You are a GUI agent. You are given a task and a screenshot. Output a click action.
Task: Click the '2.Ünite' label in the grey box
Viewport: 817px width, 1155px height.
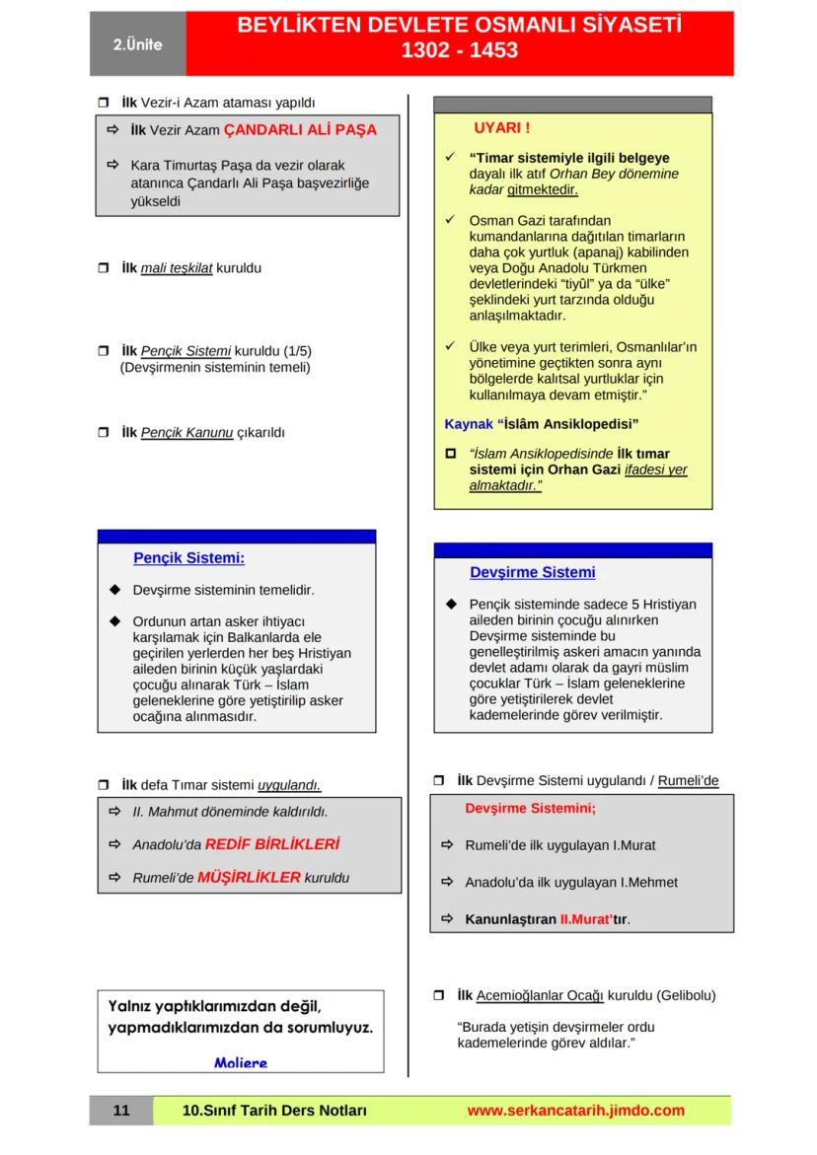click(137, 45)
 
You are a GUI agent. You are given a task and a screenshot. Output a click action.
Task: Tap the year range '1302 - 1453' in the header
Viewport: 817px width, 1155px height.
click(459, 50)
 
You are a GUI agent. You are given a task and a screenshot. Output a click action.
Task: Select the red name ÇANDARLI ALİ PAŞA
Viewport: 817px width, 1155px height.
click(300, 130)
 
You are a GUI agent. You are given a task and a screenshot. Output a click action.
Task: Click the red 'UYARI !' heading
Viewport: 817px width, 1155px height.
click(501, 128)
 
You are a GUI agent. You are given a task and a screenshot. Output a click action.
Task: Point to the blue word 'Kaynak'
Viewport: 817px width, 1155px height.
click(469, 424)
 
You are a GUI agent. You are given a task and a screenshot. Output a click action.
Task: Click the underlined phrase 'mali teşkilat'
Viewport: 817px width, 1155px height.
click(177, 268)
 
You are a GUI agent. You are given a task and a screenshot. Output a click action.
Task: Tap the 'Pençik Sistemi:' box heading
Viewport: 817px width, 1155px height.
click(189, 558)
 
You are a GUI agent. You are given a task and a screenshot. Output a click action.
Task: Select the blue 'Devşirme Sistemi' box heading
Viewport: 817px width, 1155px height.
click(532, 572)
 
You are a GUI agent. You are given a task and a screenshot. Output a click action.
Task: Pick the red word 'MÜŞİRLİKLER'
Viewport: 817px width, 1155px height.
click(249, 877)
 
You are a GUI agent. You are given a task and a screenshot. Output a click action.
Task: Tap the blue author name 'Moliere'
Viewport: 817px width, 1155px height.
click(241, 1062)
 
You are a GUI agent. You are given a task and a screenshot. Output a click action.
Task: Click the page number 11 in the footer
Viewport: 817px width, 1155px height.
click(121, 1111)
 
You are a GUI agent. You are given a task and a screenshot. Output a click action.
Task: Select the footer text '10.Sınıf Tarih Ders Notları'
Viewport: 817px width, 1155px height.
click(275, 1111)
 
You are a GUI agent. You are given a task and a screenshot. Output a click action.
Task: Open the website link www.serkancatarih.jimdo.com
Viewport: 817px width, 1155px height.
click(575, 1111)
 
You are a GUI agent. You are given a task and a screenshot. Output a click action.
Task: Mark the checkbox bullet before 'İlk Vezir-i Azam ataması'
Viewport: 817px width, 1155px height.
click(104, 103)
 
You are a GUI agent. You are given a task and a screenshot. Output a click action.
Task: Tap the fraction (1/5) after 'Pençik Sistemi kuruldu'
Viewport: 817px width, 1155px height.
click(297, 351)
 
